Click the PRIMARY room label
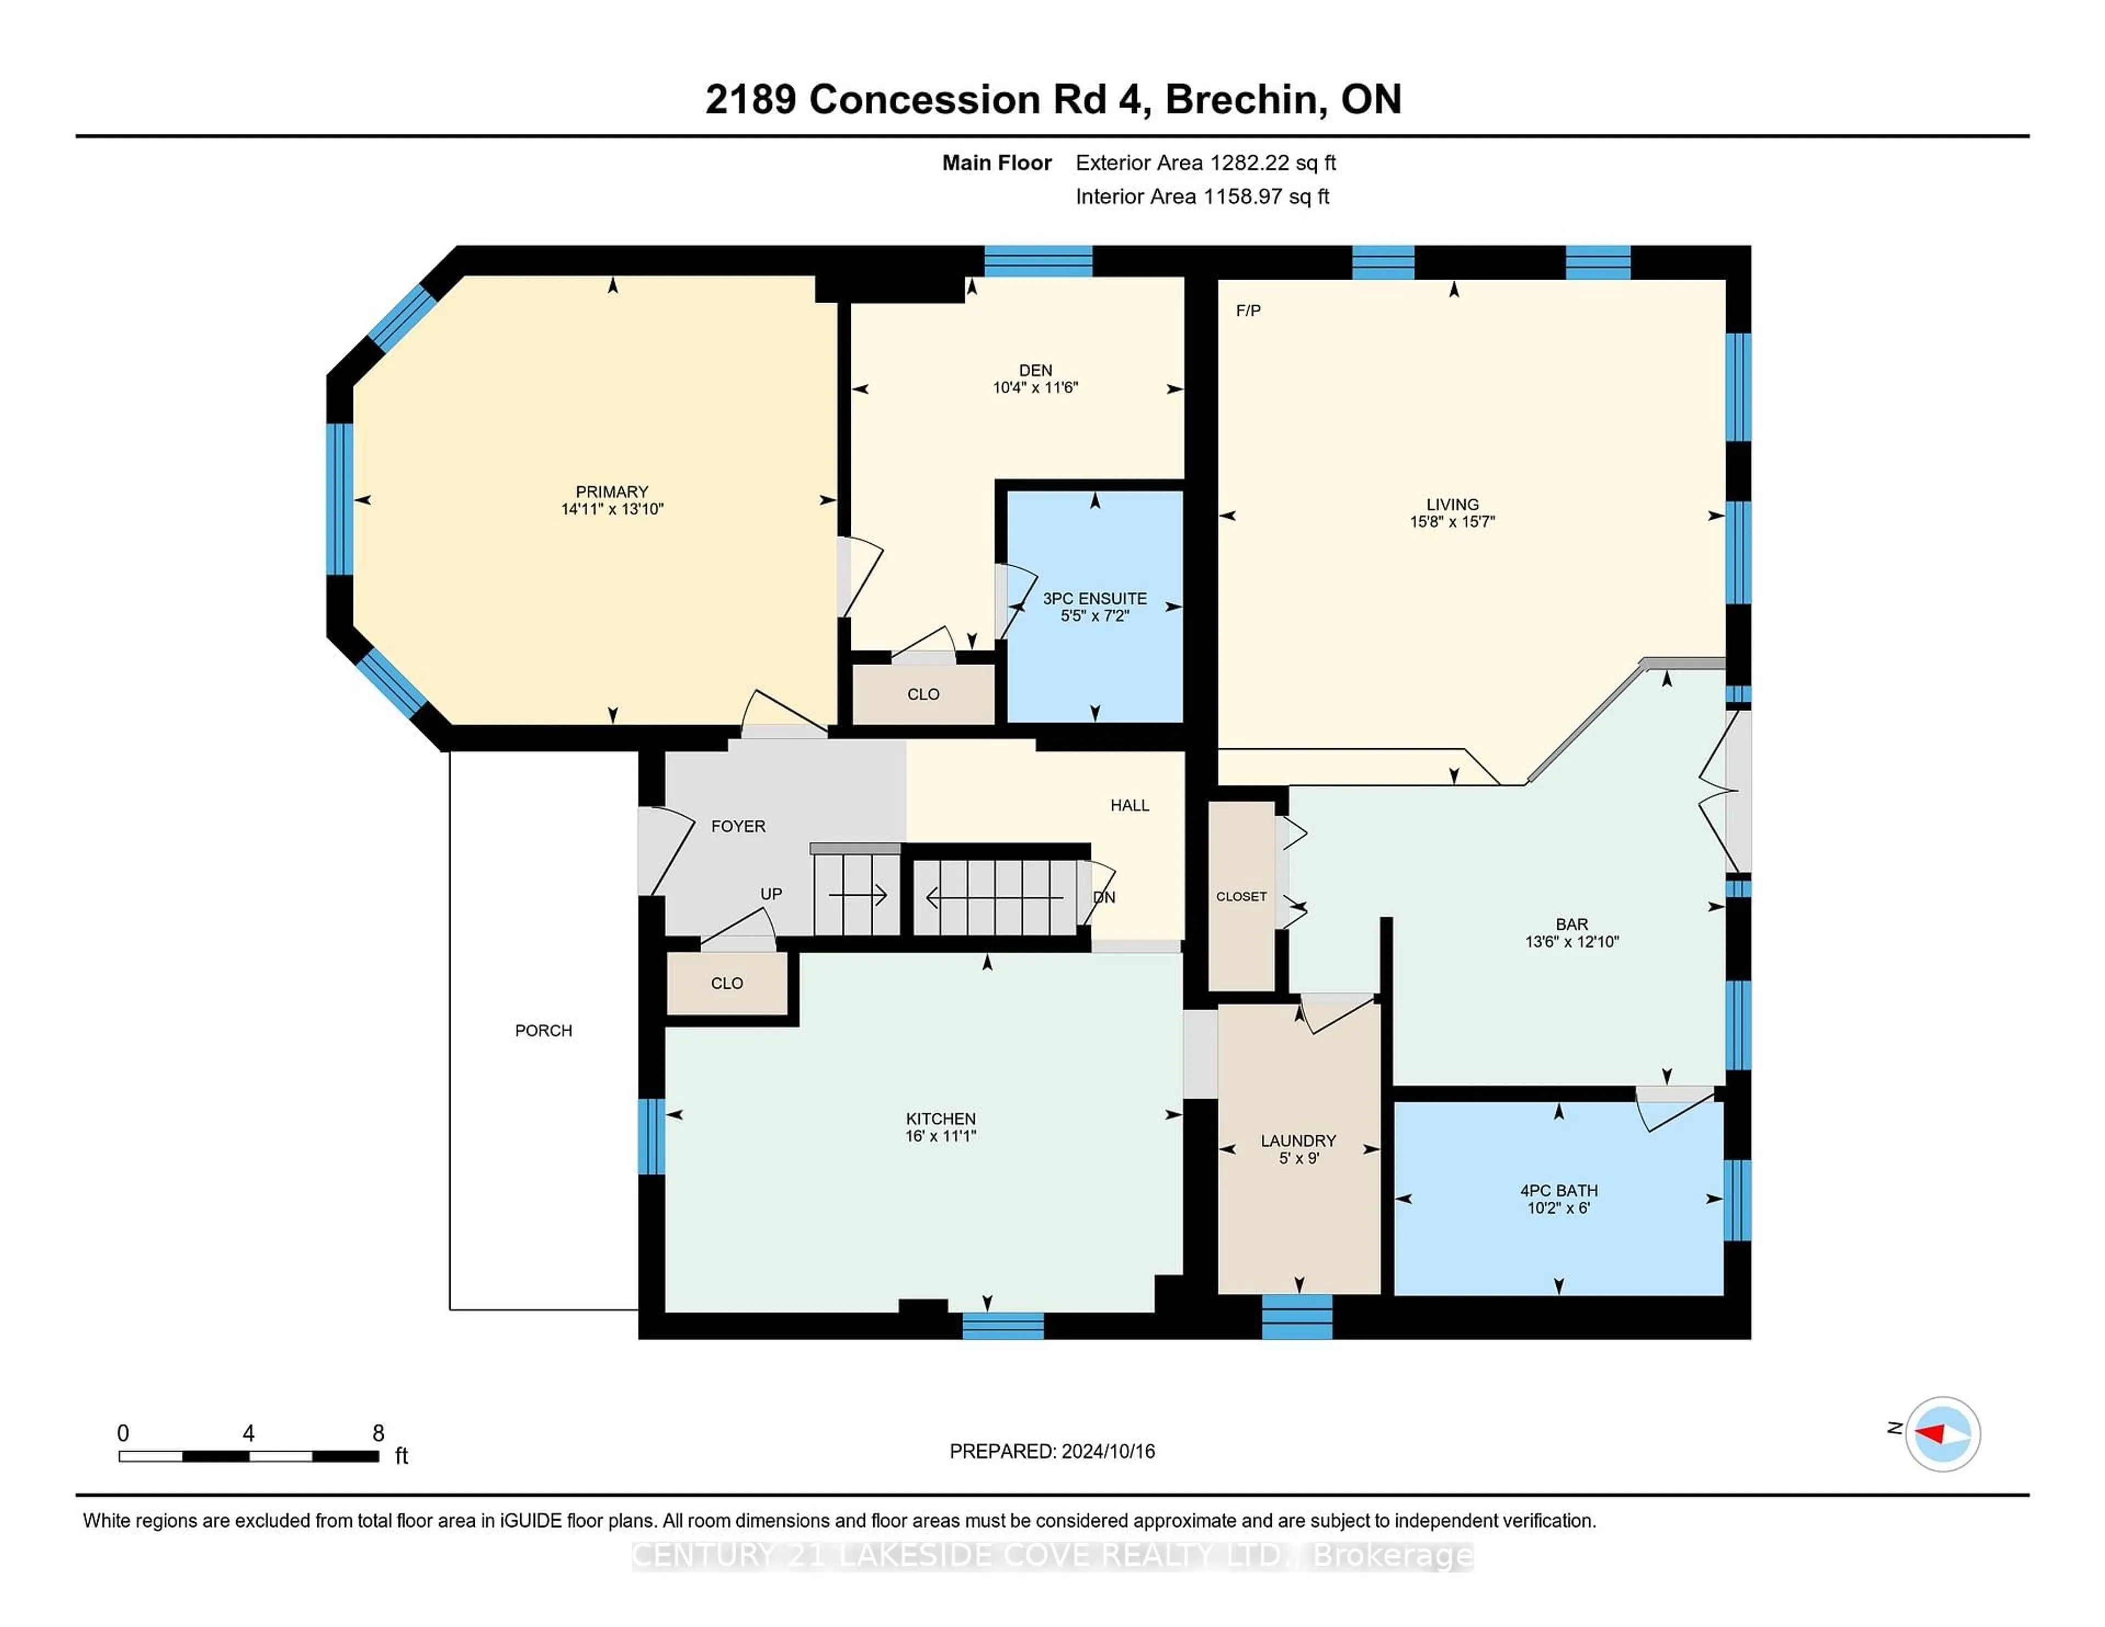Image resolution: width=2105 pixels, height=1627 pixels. click(612, 492)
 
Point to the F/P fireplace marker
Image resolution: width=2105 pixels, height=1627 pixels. click(1248, 310)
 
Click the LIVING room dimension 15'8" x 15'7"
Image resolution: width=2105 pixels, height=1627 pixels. click(1453, 521)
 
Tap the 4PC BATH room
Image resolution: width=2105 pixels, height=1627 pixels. click(1558, 1198)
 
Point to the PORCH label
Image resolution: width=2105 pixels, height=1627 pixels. click(544, 1031)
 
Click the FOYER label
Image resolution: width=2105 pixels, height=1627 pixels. click(738, 826)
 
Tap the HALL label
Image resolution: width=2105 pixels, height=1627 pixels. click(1130, 805)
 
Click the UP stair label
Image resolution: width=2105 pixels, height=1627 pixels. click(771, 894)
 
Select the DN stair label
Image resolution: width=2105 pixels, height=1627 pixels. click(1105, 897)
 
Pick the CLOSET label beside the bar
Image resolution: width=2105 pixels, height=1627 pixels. click(1242, 896)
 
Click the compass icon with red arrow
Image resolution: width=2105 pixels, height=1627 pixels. click(1942, 1433)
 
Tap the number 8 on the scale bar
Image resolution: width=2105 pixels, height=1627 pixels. click(379, 1433)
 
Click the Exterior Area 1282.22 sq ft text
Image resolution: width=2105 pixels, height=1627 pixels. click(1206, 163)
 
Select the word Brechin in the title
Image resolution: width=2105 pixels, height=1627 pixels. click(1242, 99)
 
